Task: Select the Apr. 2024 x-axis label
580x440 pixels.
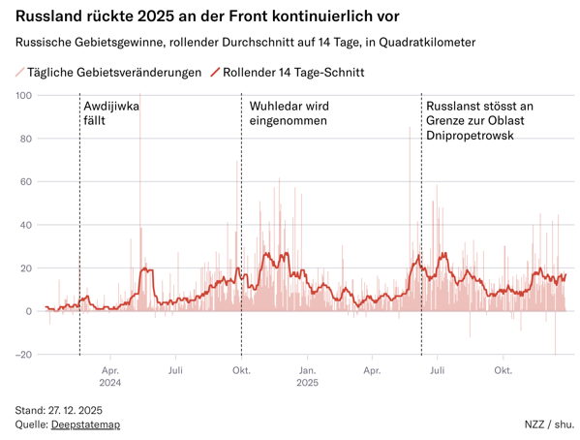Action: point(110,376)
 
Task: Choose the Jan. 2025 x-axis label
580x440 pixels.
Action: point(307,376)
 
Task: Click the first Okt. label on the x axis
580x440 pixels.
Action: point(242,370)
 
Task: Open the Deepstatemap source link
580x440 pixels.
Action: point(85,424)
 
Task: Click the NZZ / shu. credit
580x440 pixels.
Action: point(549,424)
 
